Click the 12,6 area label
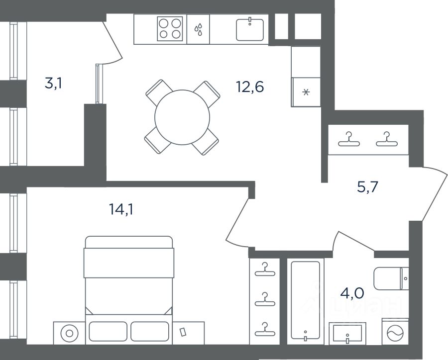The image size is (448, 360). [250, 87]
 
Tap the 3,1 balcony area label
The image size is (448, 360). [53, 84]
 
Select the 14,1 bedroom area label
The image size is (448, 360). [121, 210]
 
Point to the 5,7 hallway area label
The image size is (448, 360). [368, 187]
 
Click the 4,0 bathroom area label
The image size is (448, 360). [352, 293]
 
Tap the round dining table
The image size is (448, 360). [182, 117]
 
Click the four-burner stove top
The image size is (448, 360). [170, 28]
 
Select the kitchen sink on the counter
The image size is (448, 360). [250, 29]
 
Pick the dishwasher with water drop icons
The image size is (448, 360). [198, 29]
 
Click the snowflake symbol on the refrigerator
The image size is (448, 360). [306, 92]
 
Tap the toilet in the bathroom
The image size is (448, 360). [391, 278]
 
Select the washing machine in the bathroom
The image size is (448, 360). [395, 332]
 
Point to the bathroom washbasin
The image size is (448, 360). [347, 334]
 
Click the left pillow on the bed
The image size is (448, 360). [108, 331]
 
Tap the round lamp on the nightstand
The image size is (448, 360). [69, 333]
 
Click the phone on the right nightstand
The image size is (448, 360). [183, 332]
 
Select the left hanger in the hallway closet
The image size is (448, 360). [349, 139]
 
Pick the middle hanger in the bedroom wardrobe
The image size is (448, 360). [265, 299]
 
